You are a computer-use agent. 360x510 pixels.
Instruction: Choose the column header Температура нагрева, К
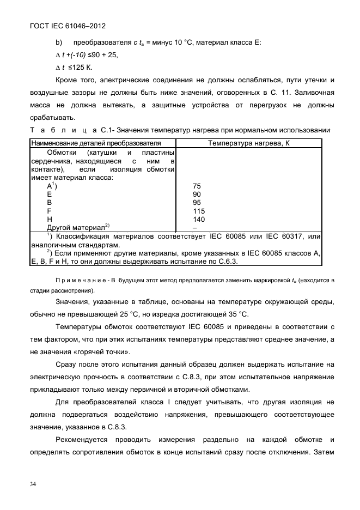coord(248,143)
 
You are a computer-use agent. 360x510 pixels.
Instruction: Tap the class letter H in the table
coord(50,218)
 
